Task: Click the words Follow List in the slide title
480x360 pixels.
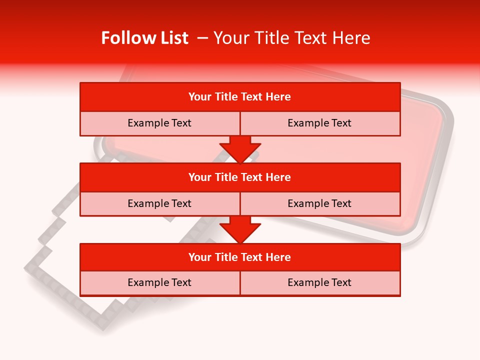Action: point(144,38)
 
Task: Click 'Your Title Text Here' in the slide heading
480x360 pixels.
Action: point(291,38)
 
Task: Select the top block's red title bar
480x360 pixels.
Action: point(240,97)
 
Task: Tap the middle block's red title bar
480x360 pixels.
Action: point(240,177)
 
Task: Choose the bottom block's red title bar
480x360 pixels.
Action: point(240,257)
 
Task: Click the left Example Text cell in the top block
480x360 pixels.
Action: point(159,123)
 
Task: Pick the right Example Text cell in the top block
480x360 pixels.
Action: point(319,123)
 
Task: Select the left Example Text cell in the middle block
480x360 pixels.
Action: point(159,203)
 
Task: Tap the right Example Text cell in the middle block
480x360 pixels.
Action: point(319,203)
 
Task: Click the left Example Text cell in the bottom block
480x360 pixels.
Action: point(159,283)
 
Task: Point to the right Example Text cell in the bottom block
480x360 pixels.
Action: point(319,283)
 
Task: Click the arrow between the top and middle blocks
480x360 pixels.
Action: point(240,149)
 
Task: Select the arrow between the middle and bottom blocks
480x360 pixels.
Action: point(240,229)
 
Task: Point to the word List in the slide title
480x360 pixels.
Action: point(172,38)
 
